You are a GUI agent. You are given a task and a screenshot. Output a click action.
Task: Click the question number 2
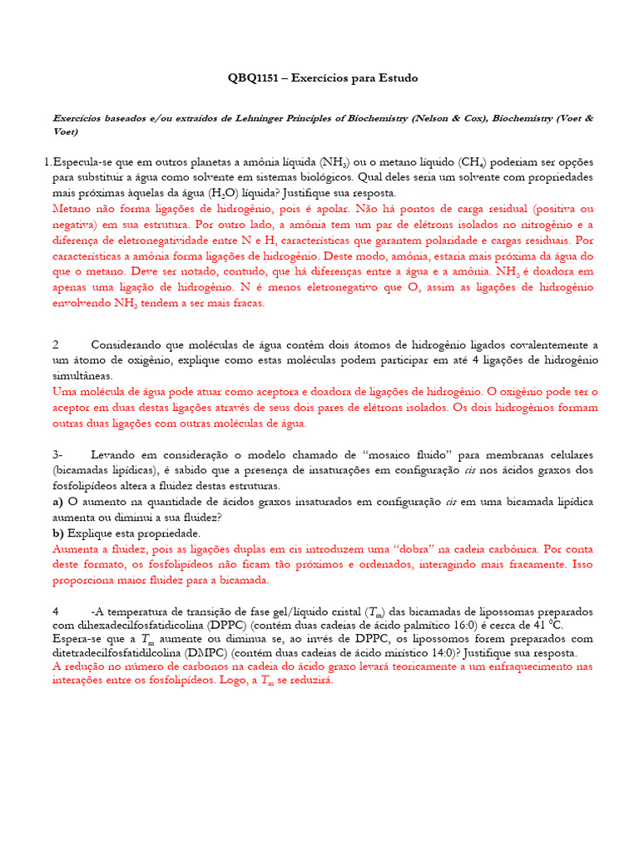click(56, 344)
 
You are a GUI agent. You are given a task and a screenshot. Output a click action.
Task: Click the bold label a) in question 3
click(58, 502)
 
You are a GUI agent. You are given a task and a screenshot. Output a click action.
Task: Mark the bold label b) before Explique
click(58, 532)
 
